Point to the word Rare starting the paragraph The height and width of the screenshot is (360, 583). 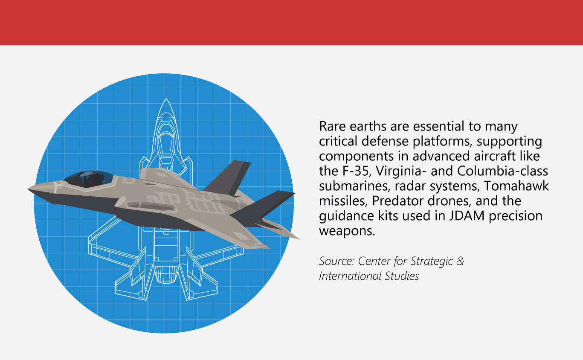click(x=332, y=127)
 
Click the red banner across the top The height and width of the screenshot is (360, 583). click(x=291, y=22)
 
